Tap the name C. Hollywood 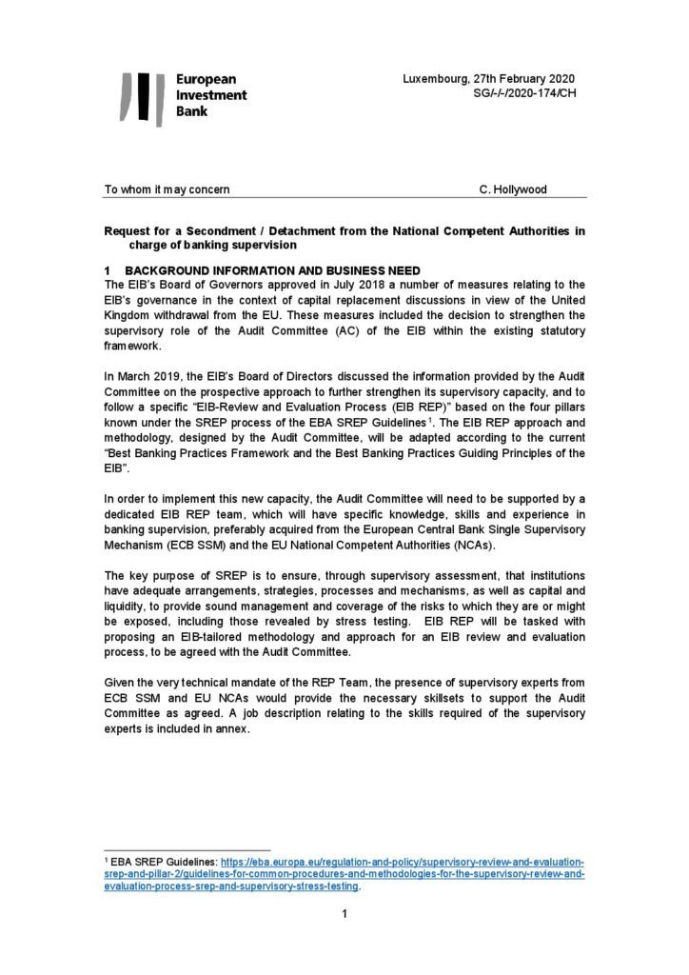[513, 189]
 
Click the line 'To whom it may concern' [167, 189]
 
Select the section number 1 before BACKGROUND [108, 271]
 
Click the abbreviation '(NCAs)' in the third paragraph [561, 548]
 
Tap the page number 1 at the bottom [344, 915]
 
